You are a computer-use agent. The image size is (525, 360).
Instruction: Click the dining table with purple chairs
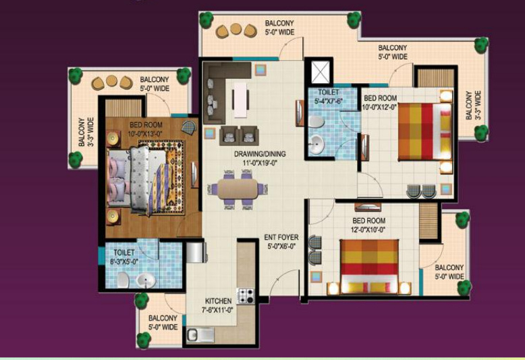click(x=238, y=187)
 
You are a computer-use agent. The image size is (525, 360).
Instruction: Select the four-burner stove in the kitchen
click(x=245, y=295)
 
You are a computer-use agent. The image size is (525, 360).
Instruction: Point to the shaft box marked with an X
click(x=317, y=72)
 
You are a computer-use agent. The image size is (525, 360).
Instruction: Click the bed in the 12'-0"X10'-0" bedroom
click(x=368, y=266)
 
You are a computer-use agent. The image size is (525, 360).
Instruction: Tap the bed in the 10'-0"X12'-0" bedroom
click(x=423, y=131)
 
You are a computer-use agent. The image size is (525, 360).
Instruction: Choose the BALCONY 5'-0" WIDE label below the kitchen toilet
click(x=163, y=322)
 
